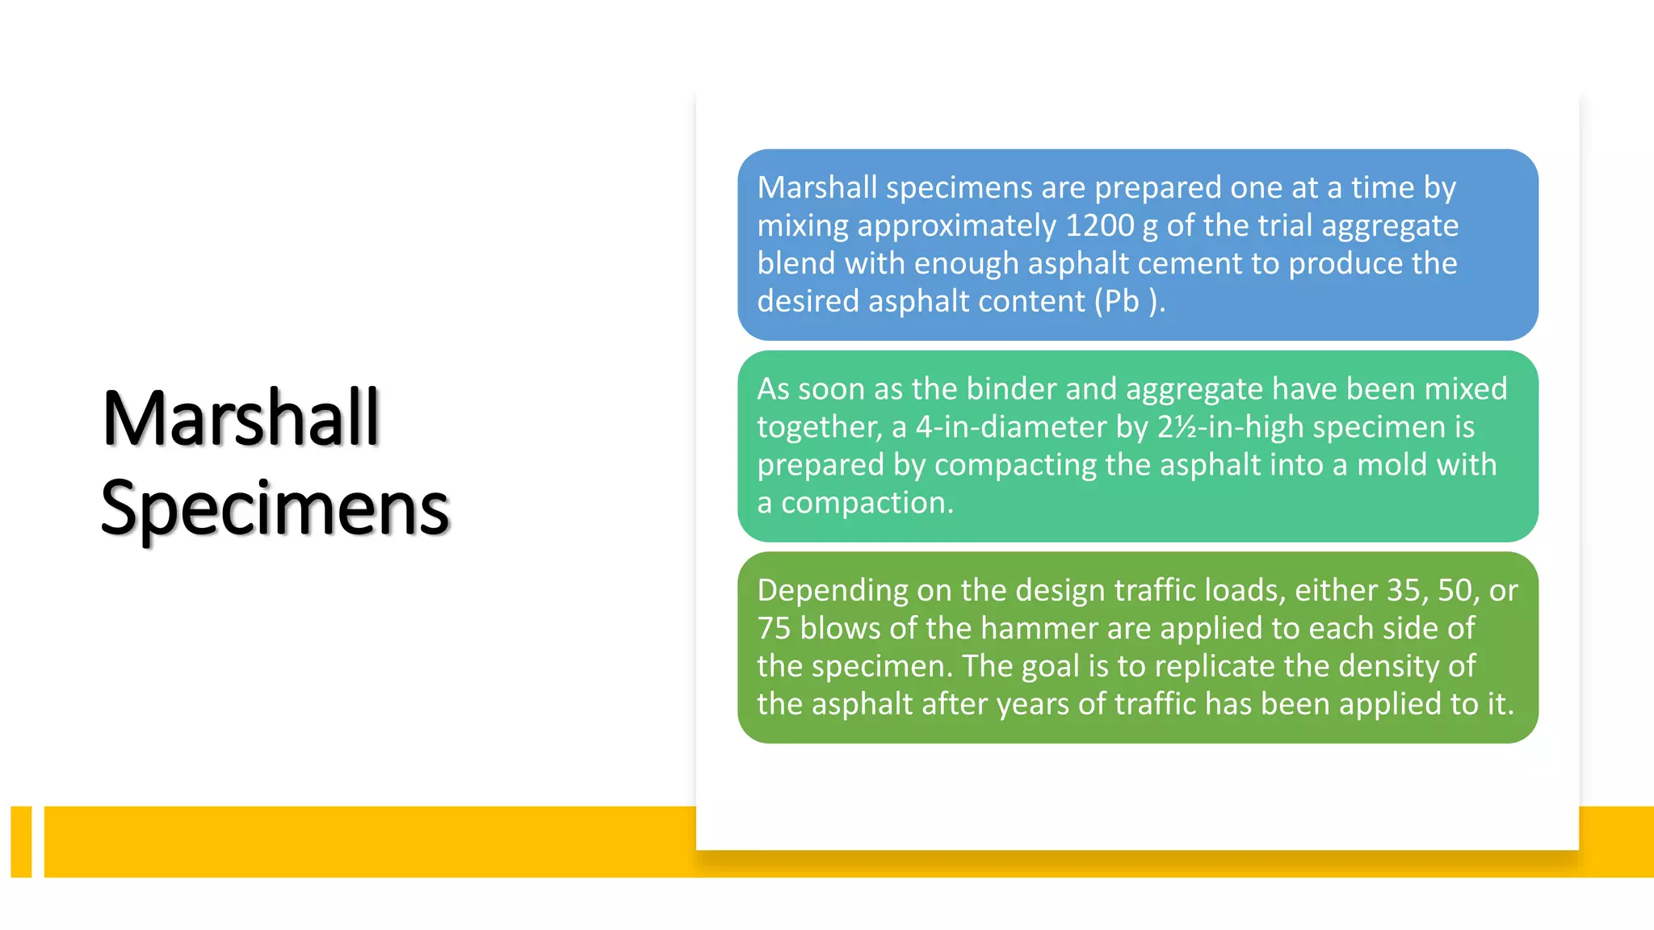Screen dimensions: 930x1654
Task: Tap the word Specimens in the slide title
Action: (x=275, y=509)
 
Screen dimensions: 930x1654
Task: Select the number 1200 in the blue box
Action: (x=1100, y=225)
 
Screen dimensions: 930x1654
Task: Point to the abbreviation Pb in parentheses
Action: (x=1122, y=301)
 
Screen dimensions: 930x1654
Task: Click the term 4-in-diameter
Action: (x=1011, y=427)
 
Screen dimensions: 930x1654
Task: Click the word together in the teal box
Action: (x=819, y=427)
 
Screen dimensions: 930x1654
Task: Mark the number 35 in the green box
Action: (x=1404, y=591)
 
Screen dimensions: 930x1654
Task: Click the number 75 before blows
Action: (x=774, y=628)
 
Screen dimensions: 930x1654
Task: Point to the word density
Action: (x=1387, y=666)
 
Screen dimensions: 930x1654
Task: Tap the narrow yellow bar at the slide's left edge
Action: (x=22, y=841)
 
